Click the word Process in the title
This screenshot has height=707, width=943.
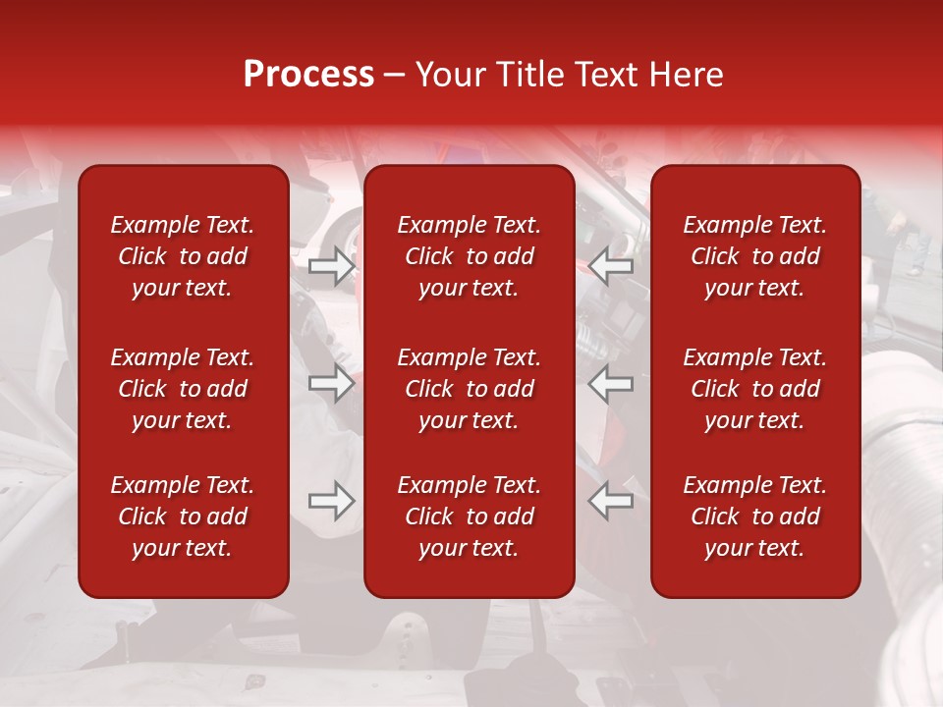tap(308, 75)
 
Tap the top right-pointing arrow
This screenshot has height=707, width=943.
tap(331, 266)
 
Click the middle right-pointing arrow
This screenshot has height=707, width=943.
tap(331, 383)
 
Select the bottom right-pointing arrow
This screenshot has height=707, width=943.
tap(331, 501)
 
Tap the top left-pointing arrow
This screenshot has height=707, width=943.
tap(610, 266)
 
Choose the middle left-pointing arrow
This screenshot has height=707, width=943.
tap(610, 383)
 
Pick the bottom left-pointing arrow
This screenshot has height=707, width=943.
tap(610, 501)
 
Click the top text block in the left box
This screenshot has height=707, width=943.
tap(183, 256)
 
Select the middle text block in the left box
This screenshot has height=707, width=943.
tap(183, 389)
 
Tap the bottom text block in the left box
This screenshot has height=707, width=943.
tap(183, 517)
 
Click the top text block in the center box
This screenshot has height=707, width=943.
tap(469, 256)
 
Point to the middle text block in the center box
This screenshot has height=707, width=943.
tap(469, 389)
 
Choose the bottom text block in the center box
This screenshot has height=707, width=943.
tap(469, 517)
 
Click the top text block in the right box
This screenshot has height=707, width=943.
tap(754, 256)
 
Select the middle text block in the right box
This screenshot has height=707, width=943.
tap(754, 389)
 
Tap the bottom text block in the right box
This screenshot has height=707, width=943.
tap(754, 517)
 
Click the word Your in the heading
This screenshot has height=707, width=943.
tap(450, 75)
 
